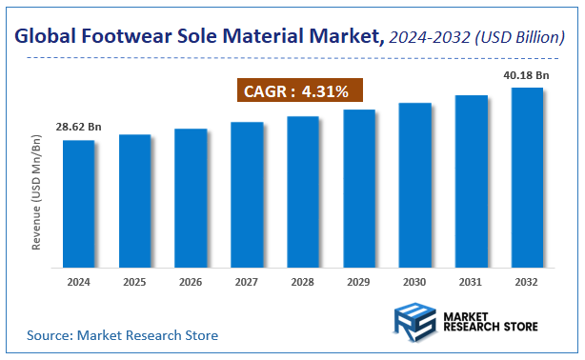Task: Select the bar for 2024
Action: pos(79,203)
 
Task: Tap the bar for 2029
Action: pos(359,188)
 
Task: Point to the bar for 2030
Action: pos(415,184)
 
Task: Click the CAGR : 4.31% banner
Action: pos(298,92)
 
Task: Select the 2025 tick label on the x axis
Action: pos(134,282)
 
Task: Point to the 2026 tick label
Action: pos(191,282)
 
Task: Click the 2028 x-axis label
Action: pos(303,282)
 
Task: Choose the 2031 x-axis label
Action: pos(471,282)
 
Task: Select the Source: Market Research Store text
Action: pos(122,335)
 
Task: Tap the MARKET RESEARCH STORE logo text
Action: pos(490,320)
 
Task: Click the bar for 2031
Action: pos(471,180)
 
